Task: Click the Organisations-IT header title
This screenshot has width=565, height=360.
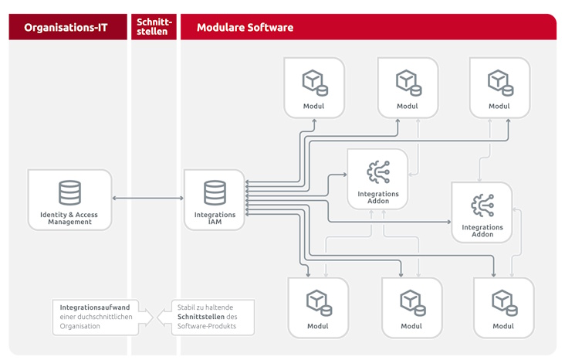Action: (x=66, y=27)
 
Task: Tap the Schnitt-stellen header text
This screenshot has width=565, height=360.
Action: (x=154, y=27)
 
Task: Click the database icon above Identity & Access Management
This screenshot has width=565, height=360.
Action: (x=70, y=192)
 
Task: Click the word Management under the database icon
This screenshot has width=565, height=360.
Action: (x=70, y=222)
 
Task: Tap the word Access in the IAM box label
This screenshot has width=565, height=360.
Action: (x=86, y=215)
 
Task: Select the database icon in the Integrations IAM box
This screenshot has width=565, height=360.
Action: (x=215, y=192)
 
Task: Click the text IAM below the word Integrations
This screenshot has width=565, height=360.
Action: (x=215, y=222)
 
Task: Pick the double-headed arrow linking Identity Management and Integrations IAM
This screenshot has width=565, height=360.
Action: (x=147, y=198)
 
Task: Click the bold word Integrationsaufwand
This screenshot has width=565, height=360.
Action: (x=95, y=307)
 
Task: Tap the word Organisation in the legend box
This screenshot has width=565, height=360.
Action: (x=80, y=326)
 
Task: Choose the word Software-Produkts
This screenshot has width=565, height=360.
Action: (x=207, y=326)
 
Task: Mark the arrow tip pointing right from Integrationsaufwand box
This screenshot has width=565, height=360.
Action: (x=153, y=318)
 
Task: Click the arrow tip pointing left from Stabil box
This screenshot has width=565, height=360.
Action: (x=157, y=318)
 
